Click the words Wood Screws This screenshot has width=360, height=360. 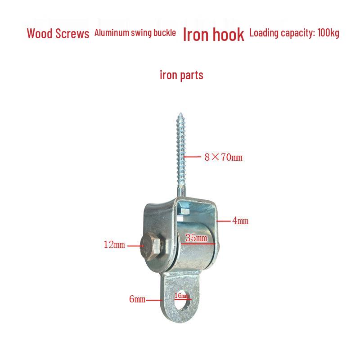coord(58,33)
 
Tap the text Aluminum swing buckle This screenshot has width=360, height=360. coord(135,33)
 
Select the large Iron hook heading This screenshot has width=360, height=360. coord(213,35)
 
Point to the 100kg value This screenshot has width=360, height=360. coord(328,33)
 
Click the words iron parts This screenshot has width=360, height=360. coord(181,75)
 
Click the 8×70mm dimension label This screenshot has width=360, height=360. coord(223,157)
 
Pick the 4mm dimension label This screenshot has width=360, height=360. coord(240,221)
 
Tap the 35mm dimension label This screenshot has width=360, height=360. coord(196,238)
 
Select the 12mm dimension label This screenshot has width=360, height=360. coord(114,245)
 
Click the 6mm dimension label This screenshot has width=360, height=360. coord(137,299)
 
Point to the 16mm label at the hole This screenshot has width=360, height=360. coord(181,296)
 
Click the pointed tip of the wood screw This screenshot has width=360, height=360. coord(181,113)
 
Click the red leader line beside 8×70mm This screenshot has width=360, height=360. coord(193,157)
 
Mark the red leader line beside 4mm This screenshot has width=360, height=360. coord(223,221)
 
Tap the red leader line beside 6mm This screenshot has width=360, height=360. coord(154,300)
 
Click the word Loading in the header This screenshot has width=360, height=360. coord(264,33)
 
